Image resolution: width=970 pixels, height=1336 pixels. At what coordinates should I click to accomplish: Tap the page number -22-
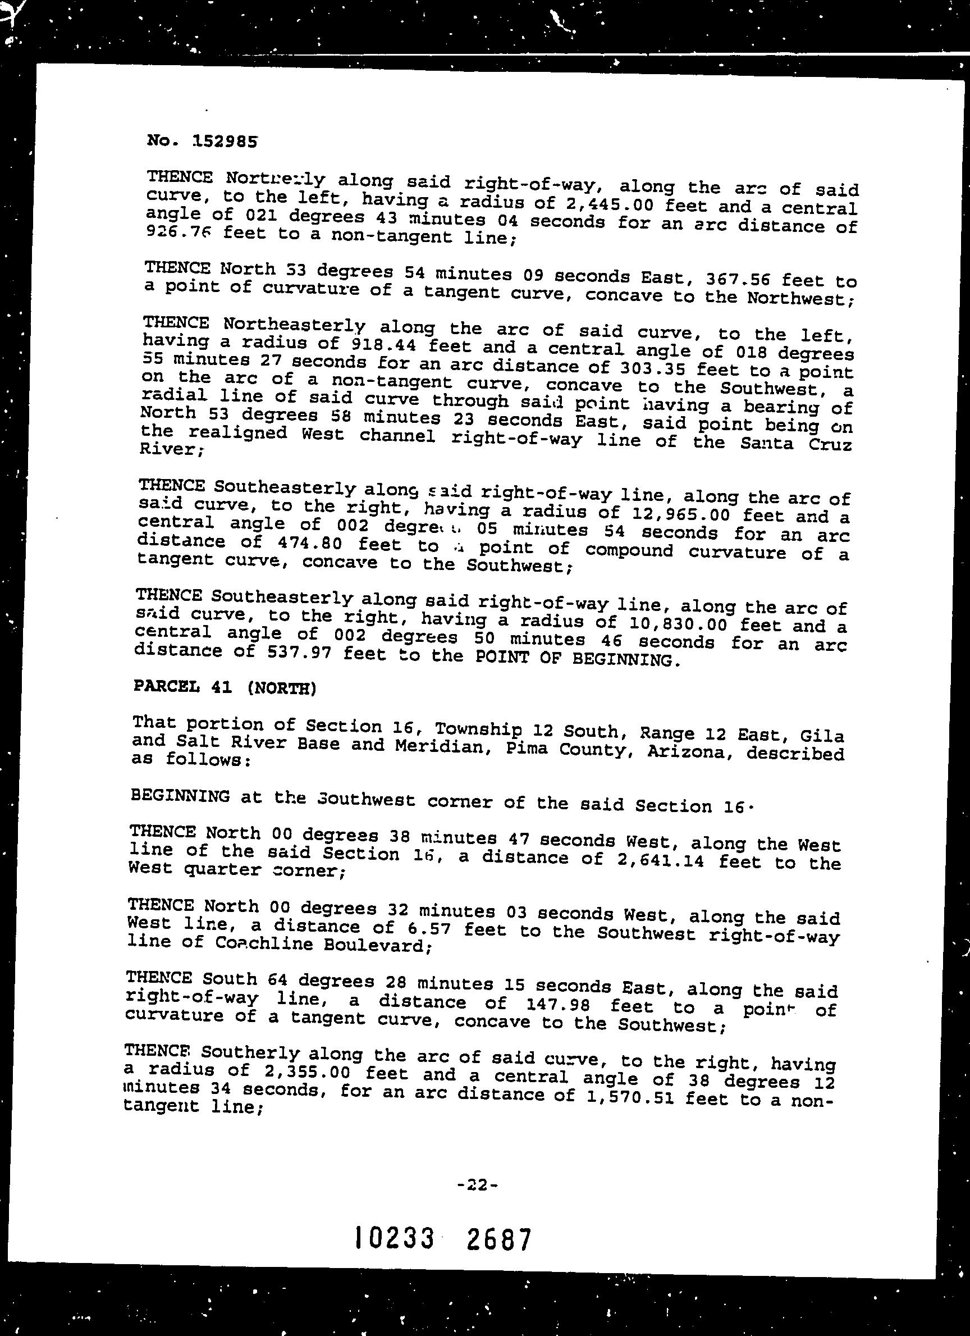click(x=477, y=1184)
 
